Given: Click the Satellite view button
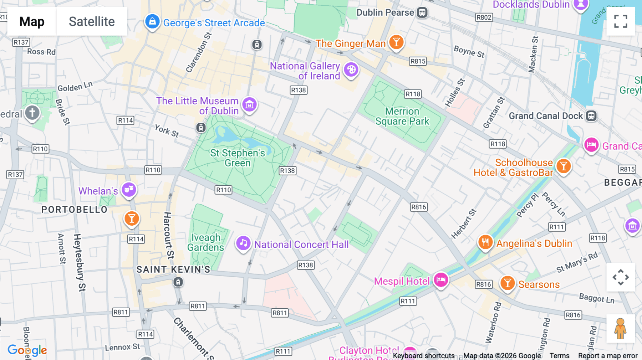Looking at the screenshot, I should pos(92,22).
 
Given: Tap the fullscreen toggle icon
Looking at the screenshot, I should pos(621,21).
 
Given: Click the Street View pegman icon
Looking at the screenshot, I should pos(620,328).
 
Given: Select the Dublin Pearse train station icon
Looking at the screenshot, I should pos(422,12).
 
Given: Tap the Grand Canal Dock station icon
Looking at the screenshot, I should pos(591,116).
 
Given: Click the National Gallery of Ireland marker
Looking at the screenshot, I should pos(351,70).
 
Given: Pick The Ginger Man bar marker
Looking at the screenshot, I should pos(396,42).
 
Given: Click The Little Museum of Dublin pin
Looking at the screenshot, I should pos(249,105).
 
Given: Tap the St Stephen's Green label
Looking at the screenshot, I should pos(238,158).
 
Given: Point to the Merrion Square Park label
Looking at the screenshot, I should pos(402,116).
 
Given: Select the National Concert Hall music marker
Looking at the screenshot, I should pos(243,243).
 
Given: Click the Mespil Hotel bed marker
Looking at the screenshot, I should pos(441,280).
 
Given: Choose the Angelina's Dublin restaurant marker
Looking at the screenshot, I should pos(485,242).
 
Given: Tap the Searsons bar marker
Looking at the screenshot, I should pos(507,283).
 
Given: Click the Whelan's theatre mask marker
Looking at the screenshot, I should pos(129,189).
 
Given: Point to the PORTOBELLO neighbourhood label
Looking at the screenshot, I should pos(74,210).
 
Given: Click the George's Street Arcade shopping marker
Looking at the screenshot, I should pos(152,22).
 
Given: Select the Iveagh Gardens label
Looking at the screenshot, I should pos(206,242).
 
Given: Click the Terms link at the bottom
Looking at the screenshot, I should pos(559,356).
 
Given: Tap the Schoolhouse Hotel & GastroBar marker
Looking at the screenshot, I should pos(564,166).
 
